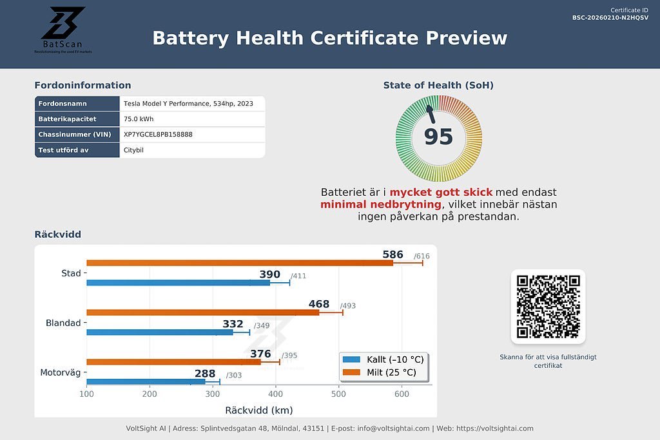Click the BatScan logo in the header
pyautogui.click(x=63, y=30)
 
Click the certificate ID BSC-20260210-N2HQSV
pyautogui.click(x=610, y=17)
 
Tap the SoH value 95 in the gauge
pyautogui.click(x=438, y=137)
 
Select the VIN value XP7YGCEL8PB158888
pyautogui.click(x=158, y=135)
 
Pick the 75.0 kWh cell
pyautogui.click(x=139, y=119)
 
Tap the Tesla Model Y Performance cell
pyautogui.click(x=188, y=104)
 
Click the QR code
pyautogui.click(x=548, y=307)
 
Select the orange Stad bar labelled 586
pyautogui.click(x=239, y=263)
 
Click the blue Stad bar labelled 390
pyautogui.click(x=178, y=282)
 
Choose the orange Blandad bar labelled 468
pyautogui.click(x=202, y=312)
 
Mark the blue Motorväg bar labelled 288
pyautogui.click(x=146, y=381)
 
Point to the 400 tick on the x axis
pyautogui.click(x=276, y=394)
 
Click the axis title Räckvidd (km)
pyautogui.click(x=258, y=410)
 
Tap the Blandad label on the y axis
pyautogui.click(x=63, y=323)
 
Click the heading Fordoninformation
pyautogui.click(x=82, y=85)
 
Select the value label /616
pyautogui.click(x=422, y=256)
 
